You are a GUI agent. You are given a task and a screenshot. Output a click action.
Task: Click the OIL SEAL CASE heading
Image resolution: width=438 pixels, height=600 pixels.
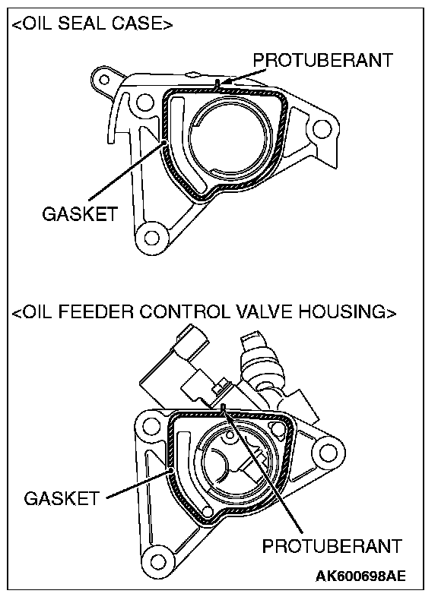92,24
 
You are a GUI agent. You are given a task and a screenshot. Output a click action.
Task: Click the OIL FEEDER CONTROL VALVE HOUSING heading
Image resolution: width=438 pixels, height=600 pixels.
204,311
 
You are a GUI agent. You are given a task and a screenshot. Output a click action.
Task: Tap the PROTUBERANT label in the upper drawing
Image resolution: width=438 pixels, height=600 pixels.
322,61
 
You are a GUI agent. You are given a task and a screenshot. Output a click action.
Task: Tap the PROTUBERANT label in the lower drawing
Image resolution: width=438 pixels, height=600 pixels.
332,545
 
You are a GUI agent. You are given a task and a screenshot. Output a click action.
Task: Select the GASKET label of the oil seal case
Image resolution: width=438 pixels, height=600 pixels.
80,213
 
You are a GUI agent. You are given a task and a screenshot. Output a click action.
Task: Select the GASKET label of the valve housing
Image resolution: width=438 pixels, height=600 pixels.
62,498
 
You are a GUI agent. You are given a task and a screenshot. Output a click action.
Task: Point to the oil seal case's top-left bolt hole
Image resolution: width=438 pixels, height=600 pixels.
103,80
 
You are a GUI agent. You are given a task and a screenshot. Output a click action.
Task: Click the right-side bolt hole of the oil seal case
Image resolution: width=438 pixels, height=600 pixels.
322,129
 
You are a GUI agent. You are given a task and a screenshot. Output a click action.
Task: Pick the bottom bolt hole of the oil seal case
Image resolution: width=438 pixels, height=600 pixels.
152,238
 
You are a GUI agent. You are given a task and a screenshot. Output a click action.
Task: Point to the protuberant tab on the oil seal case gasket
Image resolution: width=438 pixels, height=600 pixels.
217,85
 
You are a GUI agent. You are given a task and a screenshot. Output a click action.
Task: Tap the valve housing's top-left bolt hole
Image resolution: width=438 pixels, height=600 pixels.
150,425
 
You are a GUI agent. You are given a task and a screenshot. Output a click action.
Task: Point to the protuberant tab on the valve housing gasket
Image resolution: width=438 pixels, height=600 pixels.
224,409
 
